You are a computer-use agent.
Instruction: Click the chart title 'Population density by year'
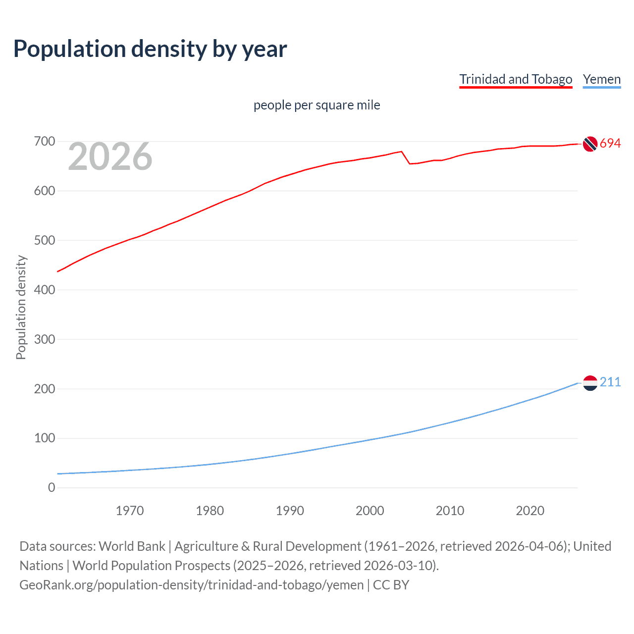[150, 49]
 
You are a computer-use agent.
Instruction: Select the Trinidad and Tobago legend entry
[516, 79]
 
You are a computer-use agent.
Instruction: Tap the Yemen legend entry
[601, 79]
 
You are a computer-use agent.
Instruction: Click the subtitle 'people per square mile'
[317, 105]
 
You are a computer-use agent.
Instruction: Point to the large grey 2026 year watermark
[110, 157]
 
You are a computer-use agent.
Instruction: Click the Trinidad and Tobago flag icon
[590, 144]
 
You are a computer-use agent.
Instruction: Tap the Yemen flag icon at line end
[590, 382]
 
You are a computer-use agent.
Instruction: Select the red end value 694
[610, 144]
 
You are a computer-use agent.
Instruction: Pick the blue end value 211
[610, 382]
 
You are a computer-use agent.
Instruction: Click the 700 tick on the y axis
[44, 142]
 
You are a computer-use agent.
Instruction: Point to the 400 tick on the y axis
[44, 290]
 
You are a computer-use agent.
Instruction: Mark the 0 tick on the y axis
[52, 487]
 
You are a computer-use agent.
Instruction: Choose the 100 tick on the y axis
[44, 438]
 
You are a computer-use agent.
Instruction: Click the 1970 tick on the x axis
[130, 511]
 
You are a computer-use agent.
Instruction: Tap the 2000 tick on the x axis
[370, 511]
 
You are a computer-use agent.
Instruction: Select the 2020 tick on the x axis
[530, 511]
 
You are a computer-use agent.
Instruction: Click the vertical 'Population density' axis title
[21, 307]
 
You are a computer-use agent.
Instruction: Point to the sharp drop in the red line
[406, 158]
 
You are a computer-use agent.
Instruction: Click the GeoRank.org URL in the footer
[192, 585]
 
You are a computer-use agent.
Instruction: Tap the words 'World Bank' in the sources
[132, 546]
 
